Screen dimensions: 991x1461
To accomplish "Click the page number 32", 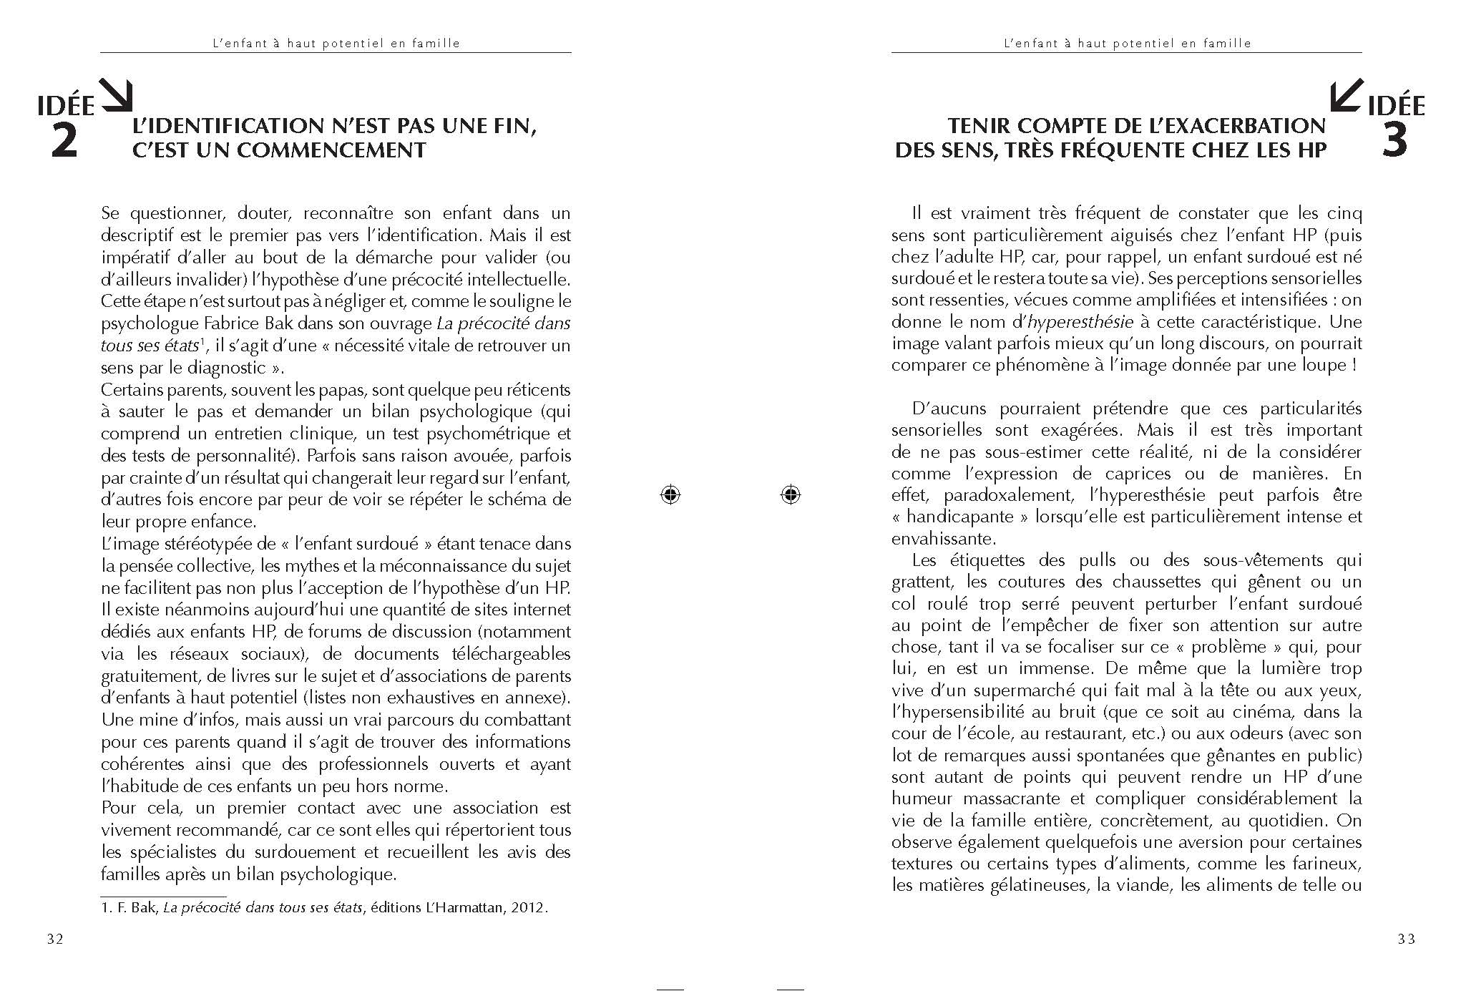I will tap(55, 939).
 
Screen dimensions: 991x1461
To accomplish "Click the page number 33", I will tap(1406, 939).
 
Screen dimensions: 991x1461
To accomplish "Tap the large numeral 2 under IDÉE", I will tap(64, 142).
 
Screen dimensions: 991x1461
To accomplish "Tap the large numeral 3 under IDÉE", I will tap(1394, 142).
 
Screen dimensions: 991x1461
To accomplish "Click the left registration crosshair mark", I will tap(670, 494).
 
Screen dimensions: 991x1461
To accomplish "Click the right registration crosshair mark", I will tap(790, 494).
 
